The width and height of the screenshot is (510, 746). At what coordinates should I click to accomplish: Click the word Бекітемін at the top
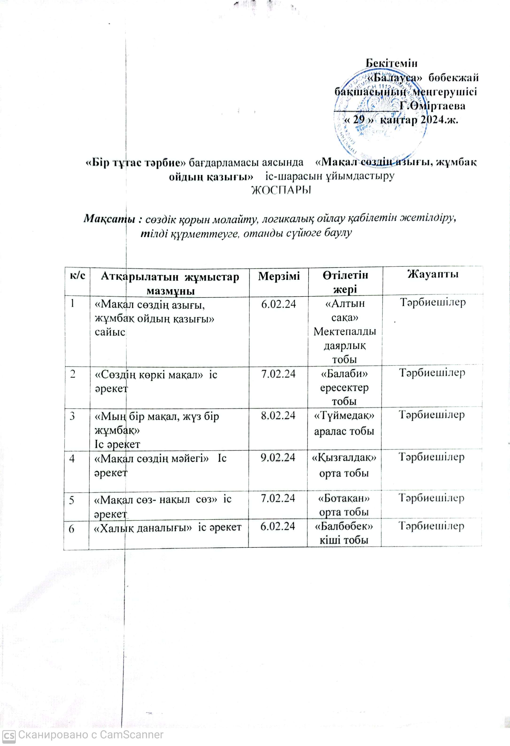click(x=392, y=63)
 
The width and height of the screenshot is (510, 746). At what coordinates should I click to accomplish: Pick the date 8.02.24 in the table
click(x=278, y=415)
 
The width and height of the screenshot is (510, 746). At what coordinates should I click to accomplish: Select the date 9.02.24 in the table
click(x=278, y=457)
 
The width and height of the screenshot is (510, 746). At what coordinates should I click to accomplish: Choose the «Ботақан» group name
click(x=344, y=499)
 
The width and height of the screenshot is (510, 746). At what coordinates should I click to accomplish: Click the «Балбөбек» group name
click(x=344, y=527)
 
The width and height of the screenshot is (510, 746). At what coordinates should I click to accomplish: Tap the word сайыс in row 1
click(x=110, y=332)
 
